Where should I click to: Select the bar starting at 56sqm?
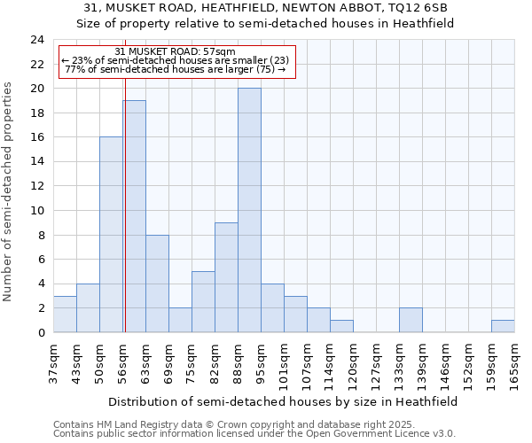pyautogui.click(x=134, y=216)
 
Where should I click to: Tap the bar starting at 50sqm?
pyautogui.click(x=111, y=235)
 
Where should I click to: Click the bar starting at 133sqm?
pyautogui.click(x=411, y=320)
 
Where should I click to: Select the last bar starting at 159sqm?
pyautogui.click(x=503, y=326)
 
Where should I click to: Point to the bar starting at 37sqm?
pyautogui.click(x=65, y=314)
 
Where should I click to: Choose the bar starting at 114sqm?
pyautogui.click(x=341, y=326)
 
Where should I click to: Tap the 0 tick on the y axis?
pyautogui.click(x=41, y=332)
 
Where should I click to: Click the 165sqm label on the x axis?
pyautogui.click(x=515, y=361)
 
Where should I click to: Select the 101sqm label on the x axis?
pyautogui.click(x=285, y=361)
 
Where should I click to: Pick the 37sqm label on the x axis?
pyautogui.click(x=54, y=361)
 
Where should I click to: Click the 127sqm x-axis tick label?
pyautogui.click(x=377, y=361)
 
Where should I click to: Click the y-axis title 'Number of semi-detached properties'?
pyautogui.click(x=9, y=191)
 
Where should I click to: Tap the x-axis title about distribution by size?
pyautogui.click(x=284, y=401)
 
